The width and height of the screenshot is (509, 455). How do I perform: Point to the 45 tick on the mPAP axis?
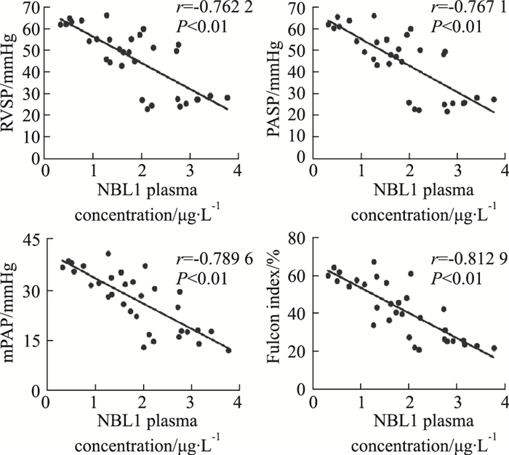click(32, 240)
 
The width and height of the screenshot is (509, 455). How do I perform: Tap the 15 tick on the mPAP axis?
click(32, 340)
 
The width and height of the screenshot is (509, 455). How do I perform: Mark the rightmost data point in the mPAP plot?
click(228, 350)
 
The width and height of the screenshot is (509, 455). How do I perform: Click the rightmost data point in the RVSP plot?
click(228, 98)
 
